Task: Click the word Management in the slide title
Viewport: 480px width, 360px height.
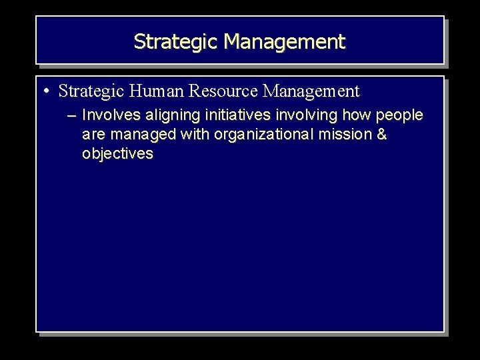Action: (x=285, y=42)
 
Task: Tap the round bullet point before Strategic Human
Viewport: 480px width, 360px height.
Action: (x=49, y=91)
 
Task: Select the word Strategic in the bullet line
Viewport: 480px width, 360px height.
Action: (x=93, y=91)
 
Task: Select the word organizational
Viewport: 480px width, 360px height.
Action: (x=261, y=135)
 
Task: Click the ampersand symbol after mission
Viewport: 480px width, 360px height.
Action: (x=381, y=135)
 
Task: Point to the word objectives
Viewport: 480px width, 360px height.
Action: (x=117, y=154)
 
